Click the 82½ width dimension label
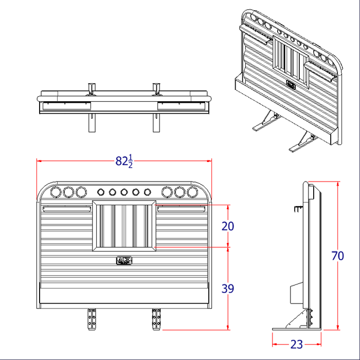124,161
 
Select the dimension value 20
228,226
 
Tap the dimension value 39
228,289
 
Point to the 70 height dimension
338,256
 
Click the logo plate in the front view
124,261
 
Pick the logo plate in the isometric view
292,84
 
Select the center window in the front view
124,226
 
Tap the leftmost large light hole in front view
56,192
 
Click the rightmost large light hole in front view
192,192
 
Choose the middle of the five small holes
124,192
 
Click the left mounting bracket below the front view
93,319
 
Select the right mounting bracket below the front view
156,319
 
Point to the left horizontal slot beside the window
67,209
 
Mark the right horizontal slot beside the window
181,209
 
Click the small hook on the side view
298,208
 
